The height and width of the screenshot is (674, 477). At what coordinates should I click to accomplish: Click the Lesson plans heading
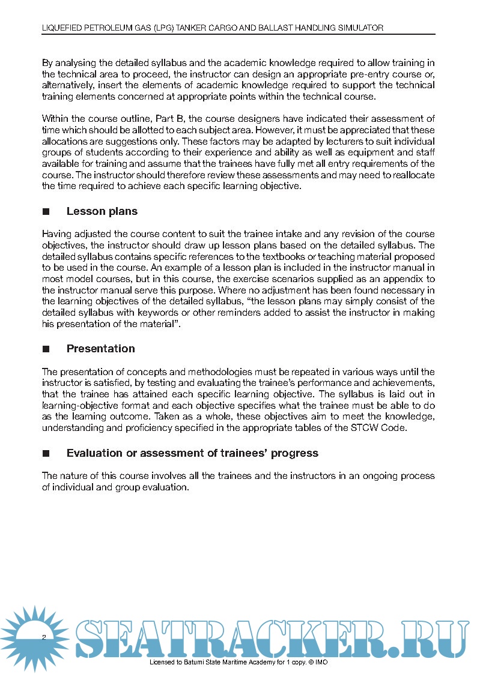102,211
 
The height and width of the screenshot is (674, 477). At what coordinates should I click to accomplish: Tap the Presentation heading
100,349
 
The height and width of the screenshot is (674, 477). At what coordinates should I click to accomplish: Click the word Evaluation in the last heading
95,453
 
